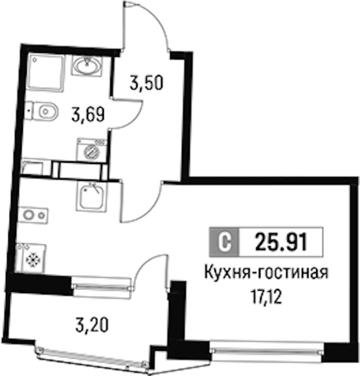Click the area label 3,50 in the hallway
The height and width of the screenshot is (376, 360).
pos(146,82)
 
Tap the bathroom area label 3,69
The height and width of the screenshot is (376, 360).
pos(88,114)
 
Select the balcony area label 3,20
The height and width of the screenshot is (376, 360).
pos(92,325)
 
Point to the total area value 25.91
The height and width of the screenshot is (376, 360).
pos(281,242)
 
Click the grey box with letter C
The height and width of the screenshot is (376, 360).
pos(224,242)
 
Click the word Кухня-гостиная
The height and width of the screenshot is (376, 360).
pos(266,273)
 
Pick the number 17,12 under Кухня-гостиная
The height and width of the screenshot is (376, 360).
pos(266,297)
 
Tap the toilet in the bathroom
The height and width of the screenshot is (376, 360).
pos(41,112)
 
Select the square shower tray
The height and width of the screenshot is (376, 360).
pos(46,73)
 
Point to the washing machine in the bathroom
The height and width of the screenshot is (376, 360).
pos(91,150)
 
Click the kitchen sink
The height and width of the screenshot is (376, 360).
pos(91,196)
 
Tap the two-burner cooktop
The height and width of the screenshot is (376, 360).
pos(33,215)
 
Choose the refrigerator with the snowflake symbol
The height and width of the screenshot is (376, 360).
pos(31,258)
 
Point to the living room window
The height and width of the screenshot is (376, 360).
pos(267,351)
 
